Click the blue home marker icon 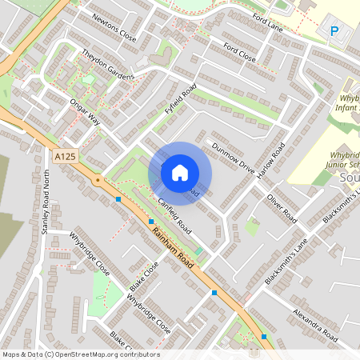click(x=180, y=172)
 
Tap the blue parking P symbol click(x=334, y=31)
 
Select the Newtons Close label click(x=114, y=27)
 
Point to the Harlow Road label click(x=273, y=160)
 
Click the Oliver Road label click(x=282, y=206)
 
